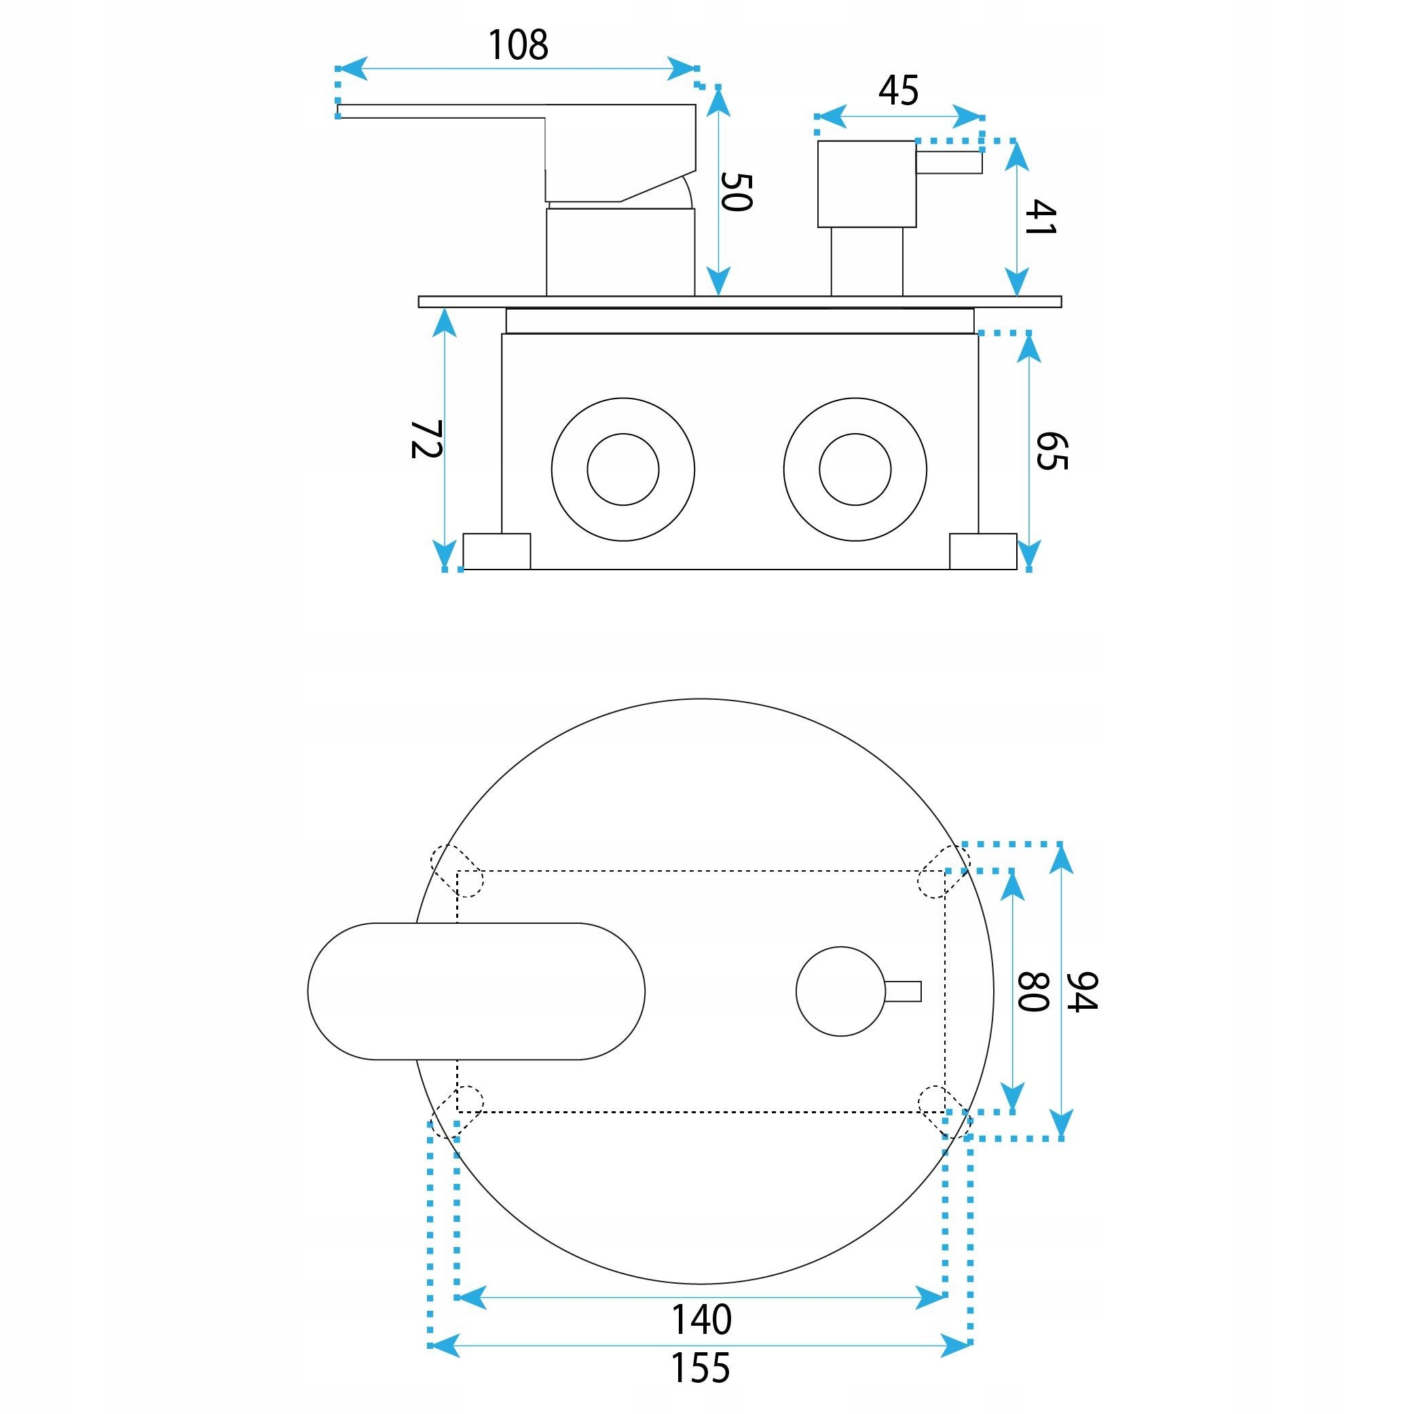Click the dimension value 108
517,45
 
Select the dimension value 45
898,91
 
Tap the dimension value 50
737,191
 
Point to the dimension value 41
1040,217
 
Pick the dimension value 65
1052,451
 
